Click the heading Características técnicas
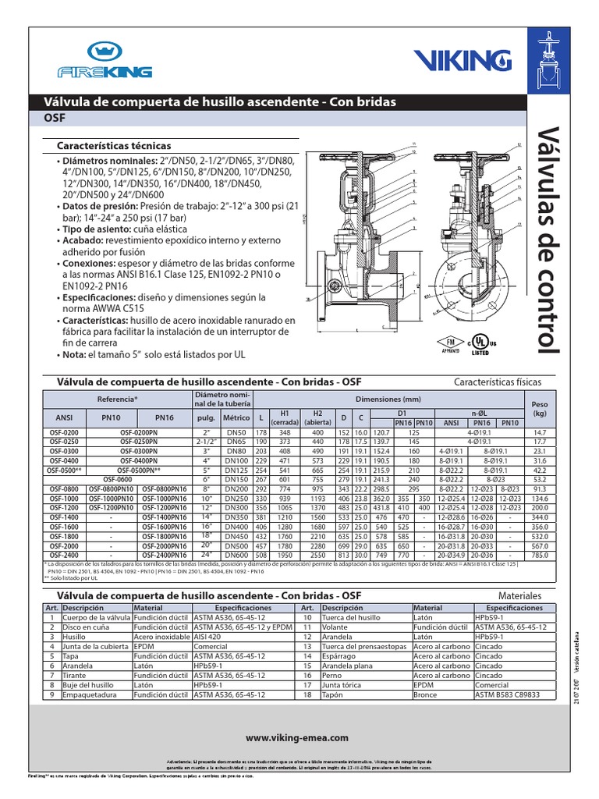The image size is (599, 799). (114, 146)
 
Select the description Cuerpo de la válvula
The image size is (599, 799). (96, 616)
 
